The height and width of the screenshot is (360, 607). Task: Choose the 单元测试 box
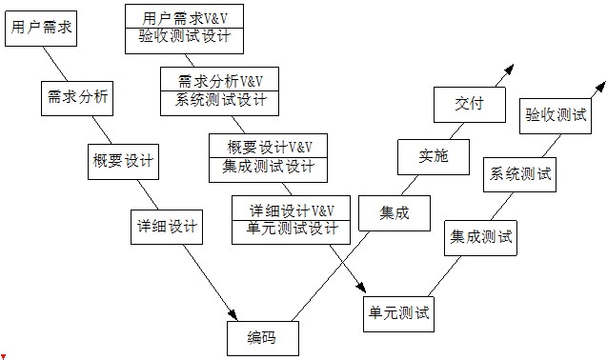[x=398, y=311]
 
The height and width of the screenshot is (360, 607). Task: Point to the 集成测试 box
[x=481, y=236]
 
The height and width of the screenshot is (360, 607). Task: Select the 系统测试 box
[x=520, y=173]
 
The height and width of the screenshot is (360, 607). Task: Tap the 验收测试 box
[x=556, y=114]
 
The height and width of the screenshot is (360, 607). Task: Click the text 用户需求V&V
[x=184, y=17]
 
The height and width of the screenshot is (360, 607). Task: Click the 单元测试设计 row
[x=293, y=229]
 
